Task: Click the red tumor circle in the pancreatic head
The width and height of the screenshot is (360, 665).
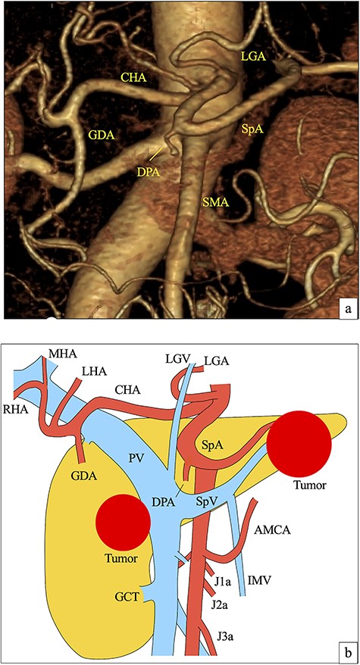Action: click(124, 523)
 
